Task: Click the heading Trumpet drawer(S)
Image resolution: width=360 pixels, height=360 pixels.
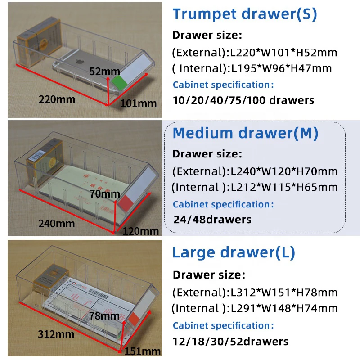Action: (245, 14)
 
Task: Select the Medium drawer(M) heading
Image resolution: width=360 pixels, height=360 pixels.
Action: (245, 133)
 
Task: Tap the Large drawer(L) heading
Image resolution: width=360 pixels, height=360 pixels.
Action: (234, 252)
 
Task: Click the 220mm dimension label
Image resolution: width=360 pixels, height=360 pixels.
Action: (57, 99)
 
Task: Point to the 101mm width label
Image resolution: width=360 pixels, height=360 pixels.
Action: (139, 103)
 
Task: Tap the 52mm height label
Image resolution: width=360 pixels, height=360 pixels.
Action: (104, 71)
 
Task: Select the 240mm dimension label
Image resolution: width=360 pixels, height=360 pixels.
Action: (56, 223)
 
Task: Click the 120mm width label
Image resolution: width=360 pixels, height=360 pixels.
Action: (141, 231)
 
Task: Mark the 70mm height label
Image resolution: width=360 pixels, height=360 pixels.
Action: (104, 194)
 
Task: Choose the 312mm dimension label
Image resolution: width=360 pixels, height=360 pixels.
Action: (56, 334)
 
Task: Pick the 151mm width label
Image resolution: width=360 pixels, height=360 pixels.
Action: (143, 351)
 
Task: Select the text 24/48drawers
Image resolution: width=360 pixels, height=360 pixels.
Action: (212, 220)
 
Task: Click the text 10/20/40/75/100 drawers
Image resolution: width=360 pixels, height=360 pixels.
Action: (243, 100)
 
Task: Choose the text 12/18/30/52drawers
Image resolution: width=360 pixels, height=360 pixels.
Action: (230, 341)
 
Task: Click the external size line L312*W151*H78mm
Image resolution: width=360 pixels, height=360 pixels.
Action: (255, 292)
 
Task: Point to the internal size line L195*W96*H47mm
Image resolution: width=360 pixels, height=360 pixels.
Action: (252, 68)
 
